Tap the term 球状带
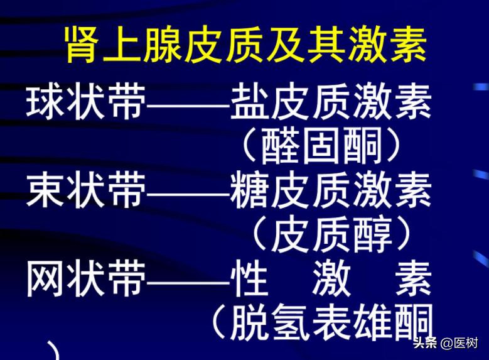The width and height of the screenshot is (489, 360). (x=85, y=102)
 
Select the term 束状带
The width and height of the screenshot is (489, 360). (x=85, y=191)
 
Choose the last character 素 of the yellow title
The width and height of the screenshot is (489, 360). (x=408, y=45)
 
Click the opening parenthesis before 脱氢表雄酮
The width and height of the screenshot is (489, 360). (x=218, y=322)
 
